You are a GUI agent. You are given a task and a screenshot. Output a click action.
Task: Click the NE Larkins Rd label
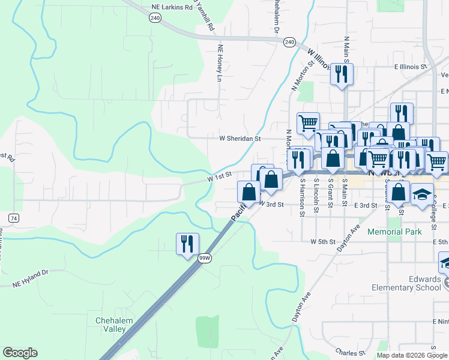[172, 7]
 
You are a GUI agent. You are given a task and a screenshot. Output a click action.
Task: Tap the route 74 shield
[13, 217]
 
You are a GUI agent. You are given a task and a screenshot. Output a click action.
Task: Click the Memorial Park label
[394, 231]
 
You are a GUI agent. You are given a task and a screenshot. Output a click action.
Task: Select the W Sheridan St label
[240, 139]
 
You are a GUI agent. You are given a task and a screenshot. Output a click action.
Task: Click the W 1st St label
[220, 176]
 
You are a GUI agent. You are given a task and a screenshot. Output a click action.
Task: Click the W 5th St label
[322, 242]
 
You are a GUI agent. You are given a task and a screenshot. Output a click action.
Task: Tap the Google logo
[20, 353]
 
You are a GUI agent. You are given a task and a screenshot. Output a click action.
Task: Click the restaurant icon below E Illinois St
[341, 74]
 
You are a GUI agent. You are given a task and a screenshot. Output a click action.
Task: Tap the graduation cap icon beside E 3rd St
[422, 193]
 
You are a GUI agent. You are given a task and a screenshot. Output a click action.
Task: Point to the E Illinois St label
[410, 67]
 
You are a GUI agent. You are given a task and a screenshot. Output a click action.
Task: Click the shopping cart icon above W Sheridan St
[308, 123]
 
